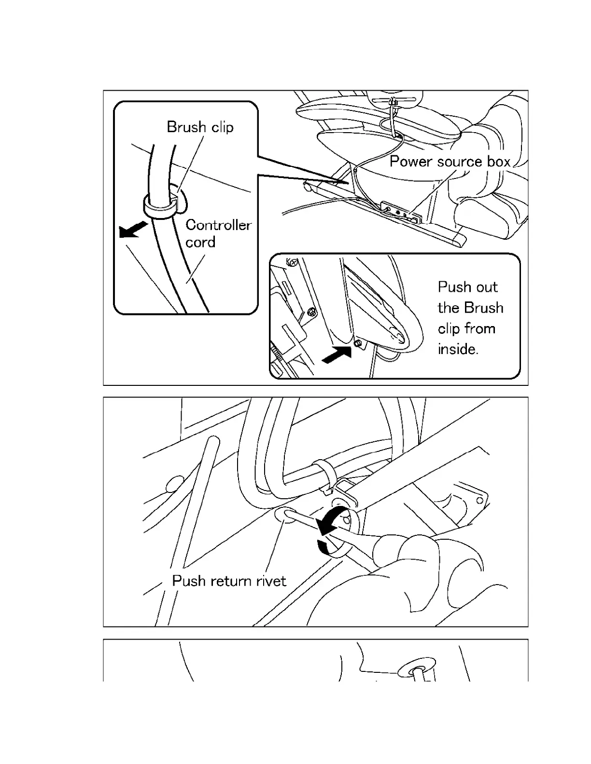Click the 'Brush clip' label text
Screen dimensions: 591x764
coord(200,127)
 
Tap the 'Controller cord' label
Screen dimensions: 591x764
coord(218,233)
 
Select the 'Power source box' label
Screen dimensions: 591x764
coord(450,161)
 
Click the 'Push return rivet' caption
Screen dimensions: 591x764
coord(229,581)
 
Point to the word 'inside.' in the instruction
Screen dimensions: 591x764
coord(458,349)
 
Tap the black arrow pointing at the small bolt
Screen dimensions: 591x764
coord(336,355)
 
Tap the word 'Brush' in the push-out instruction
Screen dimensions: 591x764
coord(483,308)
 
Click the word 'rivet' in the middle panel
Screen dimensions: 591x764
coord(271,581)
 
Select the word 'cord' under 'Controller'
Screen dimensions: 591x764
coord(200,242)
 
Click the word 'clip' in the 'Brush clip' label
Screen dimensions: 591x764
coord(223,127)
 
